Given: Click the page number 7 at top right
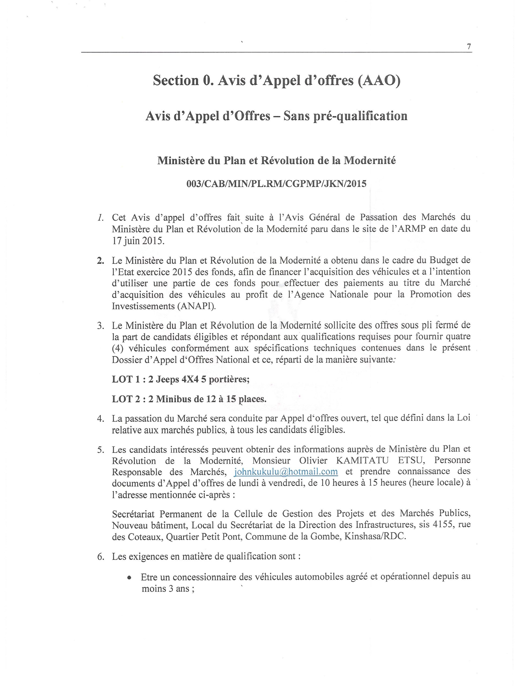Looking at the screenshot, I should pos(469,47).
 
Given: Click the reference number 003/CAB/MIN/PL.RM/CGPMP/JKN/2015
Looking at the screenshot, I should pos(276,184).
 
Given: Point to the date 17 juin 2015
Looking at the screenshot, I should pos(138,241).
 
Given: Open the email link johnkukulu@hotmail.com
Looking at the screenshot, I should pos(286,472).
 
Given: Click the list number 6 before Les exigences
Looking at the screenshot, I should pos(100,556).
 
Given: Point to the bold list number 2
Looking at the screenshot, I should pos(100,260).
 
